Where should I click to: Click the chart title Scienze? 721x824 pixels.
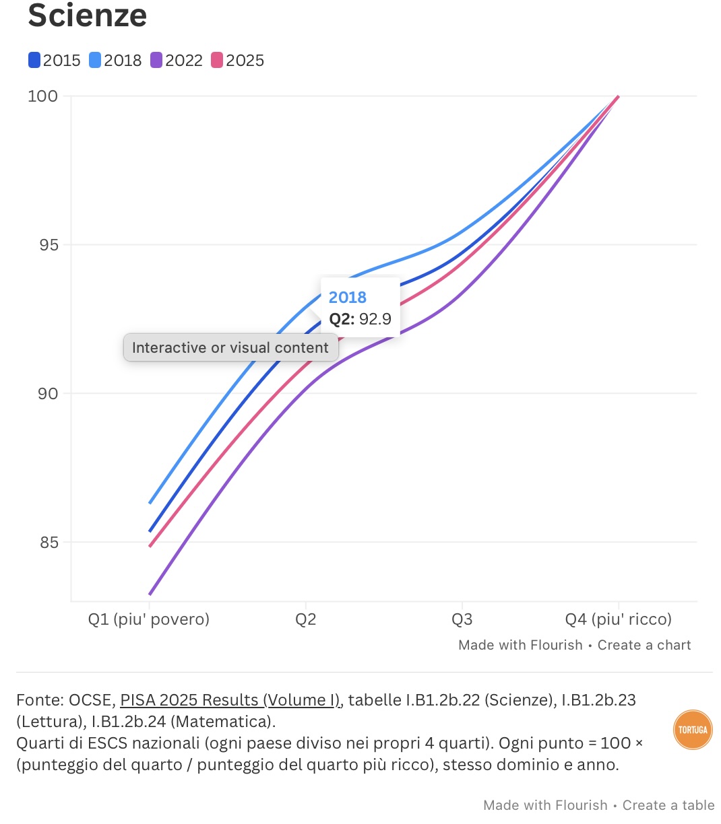(87, 15)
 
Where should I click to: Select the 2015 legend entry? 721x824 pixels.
(55, 61)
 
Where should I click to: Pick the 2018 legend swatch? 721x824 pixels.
(95, 61)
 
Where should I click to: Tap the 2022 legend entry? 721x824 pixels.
(177, 61)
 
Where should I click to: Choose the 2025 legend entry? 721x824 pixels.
(237, 61)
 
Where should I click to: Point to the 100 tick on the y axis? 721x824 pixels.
(42, 96)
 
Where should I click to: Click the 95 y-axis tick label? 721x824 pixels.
(49, 245)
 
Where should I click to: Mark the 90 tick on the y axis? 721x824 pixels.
(48, 393)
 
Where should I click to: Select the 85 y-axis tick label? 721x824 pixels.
(49, 543)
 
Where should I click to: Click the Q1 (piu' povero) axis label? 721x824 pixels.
(149, 619)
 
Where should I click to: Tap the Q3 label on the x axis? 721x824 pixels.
(462, 619)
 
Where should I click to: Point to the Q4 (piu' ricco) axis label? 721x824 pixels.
(618, 619)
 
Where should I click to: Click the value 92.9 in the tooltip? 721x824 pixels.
(375, 319)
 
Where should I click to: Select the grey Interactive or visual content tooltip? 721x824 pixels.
(230, 347)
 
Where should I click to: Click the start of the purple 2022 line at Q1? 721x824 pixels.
(150, 594)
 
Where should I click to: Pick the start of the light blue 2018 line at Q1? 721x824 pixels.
(150, 503)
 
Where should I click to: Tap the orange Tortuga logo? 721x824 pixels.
(693, 729)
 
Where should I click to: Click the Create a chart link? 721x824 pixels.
(644, 645)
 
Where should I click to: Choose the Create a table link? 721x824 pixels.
(668, 805)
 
